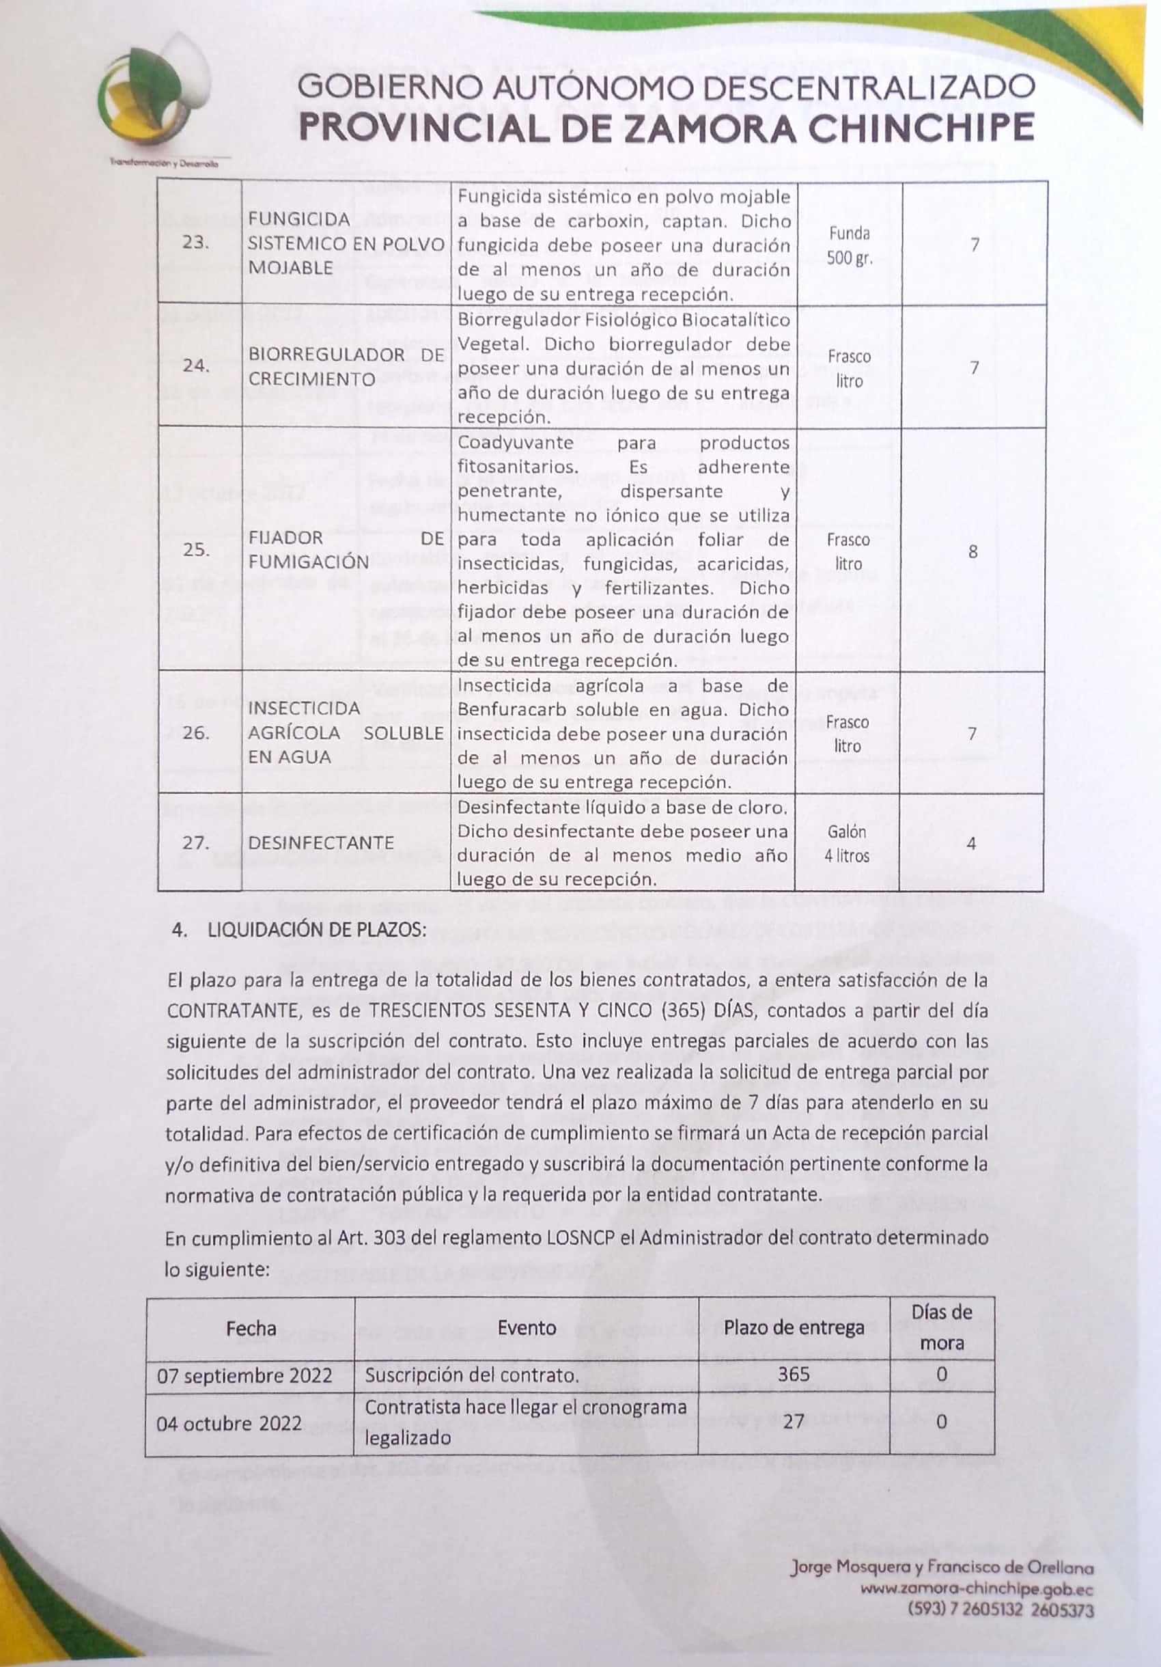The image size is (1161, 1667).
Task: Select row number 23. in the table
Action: coord(196,243)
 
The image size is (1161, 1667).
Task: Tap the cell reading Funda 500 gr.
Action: coord(849,245)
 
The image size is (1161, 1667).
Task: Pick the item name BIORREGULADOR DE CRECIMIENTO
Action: coord(346,367)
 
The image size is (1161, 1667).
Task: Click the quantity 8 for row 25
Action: coord(973,551)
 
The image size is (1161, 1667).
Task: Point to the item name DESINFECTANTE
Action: coord(321,843)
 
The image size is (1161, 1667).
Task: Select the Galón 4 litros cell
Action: coord(847,844)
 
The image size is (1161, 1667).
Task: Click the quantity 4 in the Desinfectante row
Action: coord(971,844)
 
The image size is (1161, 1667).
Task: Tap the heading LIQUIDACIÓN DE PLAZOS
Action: coord(316,930)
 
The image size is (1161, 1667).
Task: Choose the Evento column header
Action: coord(527,1328)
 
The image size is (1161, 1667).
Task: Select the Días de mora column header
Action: coord(942,1327)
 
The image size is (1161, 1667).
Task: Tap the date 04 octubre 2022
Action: coord(229,1423)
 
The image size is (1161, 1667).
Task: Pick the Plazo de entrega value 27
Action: coord(794,1421)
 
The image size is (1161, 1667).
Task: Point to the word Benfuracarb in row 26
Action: coord(514,710)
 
